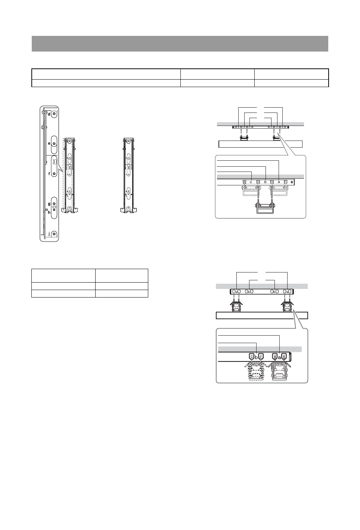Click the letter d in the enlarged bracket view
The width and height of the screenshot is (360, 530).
click(49, 114)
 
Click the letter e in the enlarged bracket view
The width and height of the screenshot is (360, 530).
click(49, 144)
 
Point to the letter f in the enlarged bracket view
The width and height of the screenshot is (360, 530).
click(49, 174)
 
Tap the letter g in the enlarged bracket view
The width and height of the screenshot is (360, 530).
click(49, 204)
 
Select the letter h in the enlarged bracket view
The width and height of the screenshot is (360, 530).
click(49, 212)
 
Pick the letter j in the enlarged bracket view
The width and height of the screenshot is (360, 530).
click(49, 234)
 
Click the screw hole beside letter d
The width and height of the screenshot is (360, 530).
click(55, 114)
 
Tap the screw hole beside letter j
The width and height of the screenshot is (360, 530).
click(55, 234)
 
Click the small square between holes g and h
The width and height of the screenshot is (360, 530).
click(54, 207)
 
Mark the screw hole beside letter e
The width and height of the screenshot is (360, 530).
click(54, 144)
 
